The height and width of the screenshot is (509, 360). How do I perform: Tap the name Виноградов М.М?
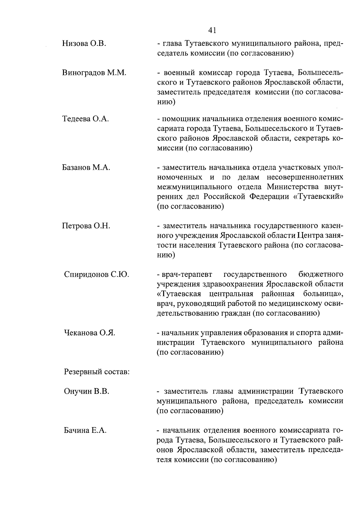pos(94,73)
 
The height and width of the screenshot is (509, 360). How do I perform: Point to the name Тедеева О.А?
pos(85,119)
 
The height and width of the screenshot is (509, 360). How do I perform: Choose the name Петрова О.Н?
pos(86,226)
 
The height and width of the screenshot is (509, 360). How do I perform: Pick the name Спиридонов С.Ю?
pos(96,274)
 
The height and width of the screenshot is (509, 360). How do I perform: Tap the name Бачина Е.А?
pos(85,431)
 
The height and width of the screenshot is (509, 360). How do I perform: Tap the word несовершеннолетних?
pos(305,177)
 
